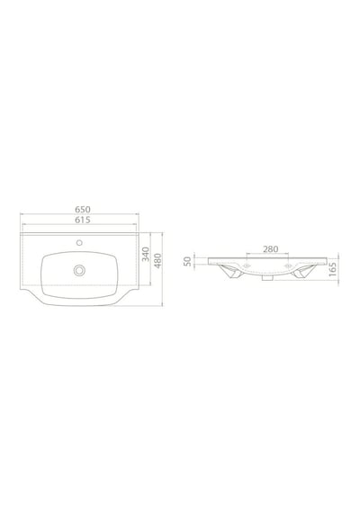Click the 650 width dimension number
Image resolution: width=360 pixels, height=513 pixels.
click(83, 209)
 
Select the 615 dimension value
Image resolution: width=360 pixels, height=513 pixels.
click(83, 220)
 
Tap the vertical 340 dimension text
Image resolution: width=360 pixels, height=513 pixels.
click(146, 254)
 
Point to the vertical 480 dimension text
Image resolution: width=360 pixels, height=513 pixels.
click(157, 261)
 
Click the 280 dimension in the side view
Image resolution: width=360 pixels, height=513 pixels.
click(271, 249)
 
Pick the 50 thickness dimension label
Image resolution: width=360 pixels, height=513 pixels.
click(187, 261)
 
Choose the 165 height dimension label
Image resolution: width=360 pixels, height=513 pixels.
click(332, 269)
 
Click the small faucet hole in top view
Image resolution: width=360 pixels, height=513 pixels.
click(79, 243)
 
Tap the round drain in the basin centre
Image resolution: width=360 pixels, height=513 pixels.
click(79, 270)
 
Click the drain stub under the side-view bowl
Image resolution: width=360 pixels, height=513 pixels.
click(267, 278)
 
